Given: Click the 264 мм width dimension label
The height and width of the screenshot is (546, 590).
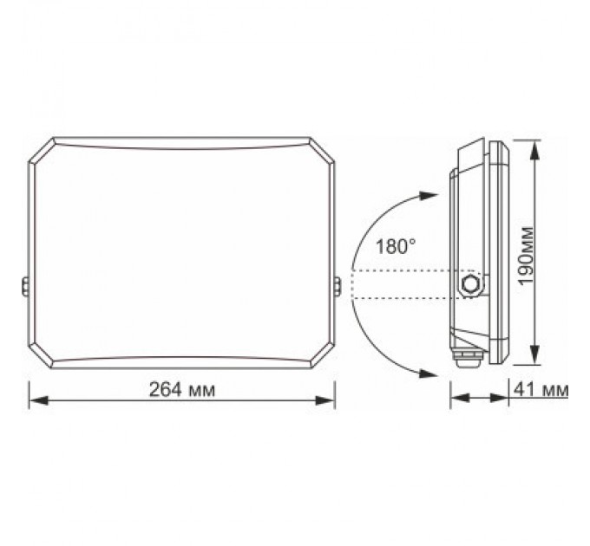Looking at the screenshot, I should point(181,390).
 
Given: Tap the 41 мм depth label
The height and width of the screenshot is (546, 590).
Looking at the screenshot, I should point(547,390).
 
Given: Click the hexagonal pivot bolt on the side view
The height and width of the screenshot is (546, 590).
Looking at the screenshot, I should point(471,284).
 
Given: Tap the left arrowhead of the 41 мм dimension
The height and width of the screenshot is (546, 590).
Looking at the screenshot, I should point(456,400).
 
